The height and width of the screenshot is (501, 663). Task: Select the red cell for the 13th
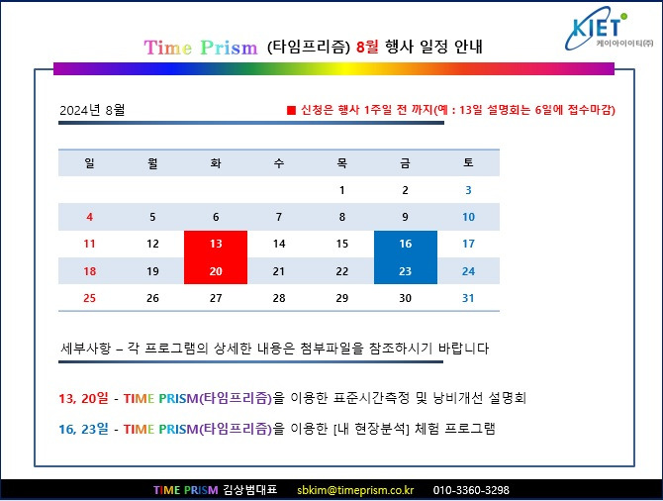tap(216, 244)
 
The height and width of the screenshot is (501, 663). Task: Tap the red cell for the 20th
tap(216, 271)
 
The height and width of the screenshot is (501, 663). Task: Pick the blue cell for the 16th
tap(405, 244)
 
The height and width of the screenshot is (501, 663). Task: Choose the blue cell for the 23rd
tap(405, 271)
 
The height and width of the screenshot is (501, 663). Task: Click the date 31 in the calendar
tap(468, 298)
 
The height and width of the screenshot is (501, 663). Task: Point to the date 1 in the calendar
tap(341, 190)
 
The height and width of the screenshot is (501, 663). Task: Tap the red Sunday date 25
tap(90, 298)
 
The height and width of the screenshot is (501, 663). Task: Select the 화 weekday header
tap(216, 162)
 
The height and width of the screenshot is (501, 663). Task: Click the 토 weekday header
tap(468, 162)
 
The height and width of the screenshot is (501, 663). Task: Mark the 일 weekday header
tap(90, 162)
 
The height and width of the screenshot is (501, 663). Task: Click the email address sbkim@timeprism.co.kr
tap(355, 490)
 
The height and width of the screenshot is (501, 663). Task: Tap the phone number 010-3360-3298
tap(471, 490)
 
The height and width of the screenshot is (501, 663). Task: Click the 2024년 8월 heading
tap(93, 110)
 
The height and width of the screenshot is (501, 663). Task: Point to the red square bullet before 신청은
tap(291, 110)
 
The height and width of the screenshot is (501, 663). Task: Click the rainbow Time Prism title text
tap(201, 48)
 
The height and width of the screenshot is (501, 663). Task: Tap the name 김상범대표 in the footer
tap(252, 490)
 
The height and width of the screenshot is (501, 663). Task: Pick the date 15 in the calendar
tap(341, 244)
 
